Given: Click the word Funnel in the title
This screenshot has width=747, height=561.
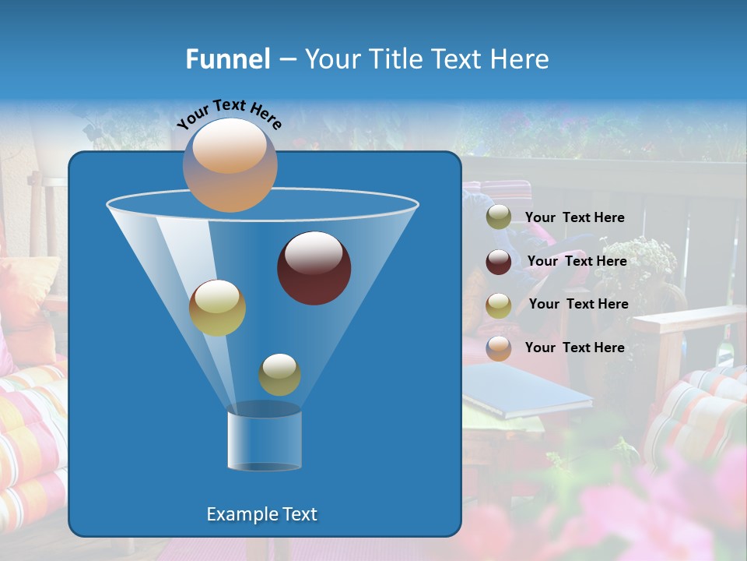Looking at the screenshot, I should (x=228, y=59).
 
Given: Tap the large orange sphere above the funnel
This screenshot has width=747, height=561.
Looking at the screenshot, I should (x=230, y=164).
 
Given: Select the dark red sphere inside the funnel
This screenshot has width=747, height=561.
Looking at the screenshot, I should (x=314, y=268).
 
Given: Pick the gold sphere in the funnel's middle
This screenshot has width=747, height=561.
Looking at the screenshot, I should (x=217, y=308).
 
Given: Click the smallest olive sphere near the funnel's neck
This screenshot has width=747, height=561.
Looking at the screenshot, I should (x=279, y=374).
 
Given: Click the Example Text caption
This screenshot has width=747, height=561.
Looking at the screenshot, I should (x=262, y=514).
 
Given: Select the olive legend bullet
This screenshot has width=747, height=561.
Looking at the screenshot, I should (x=499, y=217).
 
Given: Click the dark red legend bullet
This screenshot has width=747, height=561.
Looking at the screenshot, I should (x=499, y=262).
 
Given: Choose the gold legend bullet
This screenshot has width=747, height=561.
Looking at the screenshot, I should (x=499, y=305).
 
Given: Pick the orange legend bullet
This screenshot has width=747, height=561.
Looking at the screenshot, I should (x=499, y=348).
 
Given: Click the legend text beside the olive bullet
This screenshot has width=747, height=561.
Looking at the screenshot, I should (x=574, y=218).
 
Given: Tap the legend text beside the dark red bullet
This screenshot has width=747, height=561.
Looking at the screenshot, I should (x=577, y=262).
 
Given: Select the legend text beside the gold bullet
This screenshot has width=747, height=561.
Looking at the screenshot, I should (x=578, y=305).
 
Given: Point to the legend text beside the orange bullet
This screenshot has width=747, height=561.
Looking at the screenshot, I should (x=574, y=348).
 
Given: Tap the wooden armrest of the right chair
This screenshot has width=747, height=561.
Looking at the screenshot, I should (x=685, y=319).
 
